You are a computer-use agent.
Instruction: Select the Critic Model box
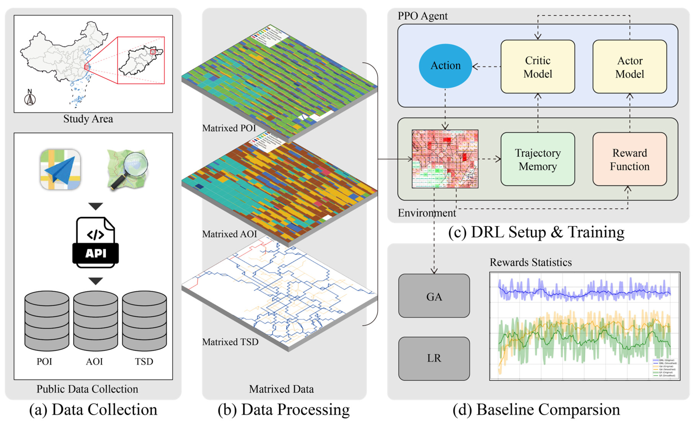click(538, 67)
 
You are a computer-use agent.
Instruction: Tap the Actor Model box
click(629, 67)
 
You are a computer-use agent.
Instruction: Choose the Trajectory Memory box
click(538, 159)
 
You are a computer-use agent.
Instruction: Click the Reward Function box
click(629, 159)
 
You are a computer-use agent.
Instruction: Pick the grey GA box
click(434, 296)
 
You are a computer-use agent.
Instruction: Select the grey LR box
click(434, 358)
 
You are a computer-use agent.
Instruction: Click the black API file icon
click(96, 242)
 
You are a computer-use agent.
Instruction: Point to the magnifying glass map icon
click(128, 169)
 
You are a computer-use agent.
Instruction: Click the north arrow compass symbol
click(30, 98)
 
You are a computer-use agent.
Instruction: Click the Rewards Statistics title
click(530, 262)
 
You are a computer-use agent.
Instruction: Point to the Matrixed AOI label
click(229, 234)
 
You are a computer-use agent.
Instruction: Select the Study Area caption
click(88, 119)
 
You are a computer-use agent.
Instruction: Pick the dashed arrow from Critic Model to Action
click(487, 67)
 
